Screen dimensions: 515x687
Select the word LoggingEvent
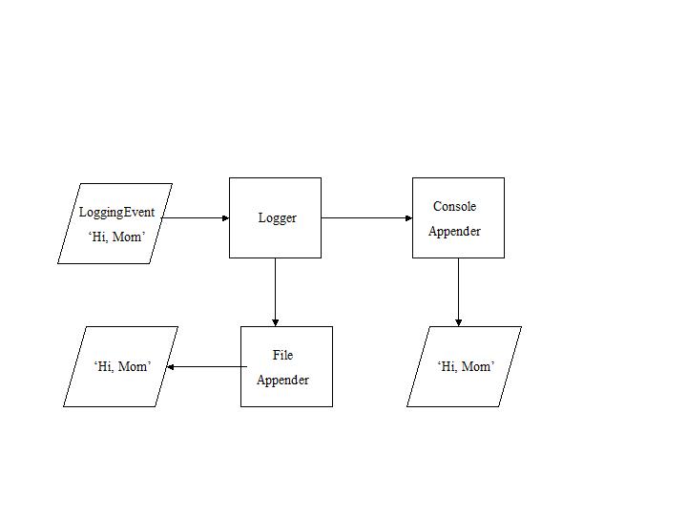click(116, 212)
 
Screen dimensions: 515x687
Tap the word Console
click(454, 206)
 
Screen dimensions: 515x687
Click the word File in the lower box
click(282, 355)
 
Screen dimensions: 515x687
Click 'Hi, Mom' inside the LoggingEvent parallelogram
click(116, 237)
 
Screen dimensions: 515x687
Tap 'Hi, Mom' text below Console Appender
click(466, 366)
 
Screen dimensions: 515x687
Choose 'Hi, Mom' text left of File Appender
click(122, 366)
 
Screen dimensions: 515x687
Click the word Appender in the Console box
click(454, 231)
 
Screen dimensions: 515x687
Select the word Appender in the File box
click(282, 380)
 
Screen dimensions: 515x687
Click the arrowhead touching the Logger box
click(225, 217)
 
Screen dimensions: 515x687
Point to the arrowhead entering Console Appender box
click(408, 217)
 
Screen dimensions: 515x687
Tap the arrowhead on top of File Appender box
click(275, 322)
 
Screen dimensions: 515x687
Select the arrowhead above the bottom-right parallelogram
click(458, 322)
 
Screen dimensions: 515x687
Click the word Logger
click(277, 217)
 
